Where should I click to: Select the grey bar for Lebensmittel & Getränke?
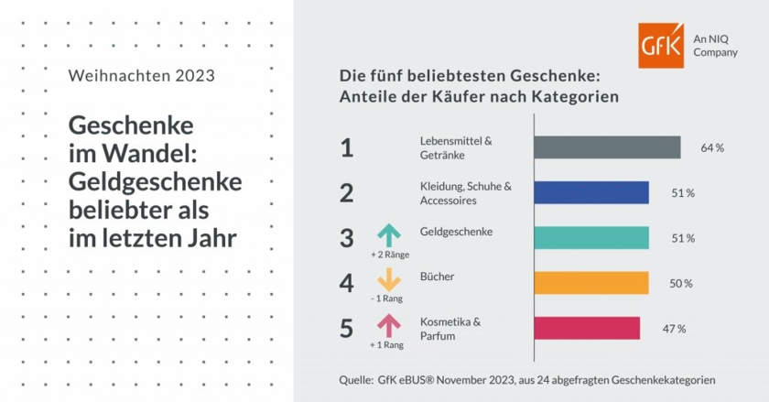pos(606,147)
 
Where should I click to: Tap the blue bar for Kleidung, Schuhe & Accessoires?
pos(590,192)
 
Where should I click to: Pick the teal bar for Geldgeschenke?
pos(590,237)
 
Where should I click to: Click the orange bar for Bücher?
pos(590,283)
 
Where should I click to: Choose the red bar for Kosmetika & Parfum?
pos(586,328)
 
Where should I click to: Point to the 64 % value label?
pos(712,148)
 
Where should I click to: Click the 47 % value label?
pos(675,329)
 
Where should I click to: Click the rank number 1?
pos(346,148)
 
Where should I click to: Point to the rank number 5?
pos(346,329)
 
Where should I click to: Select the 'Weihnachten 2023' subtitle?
pos(142,76)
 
